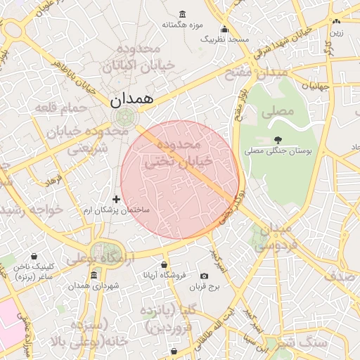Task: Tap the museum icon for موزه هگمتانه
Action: [183, 15]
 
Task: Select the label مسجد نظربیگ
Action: [225, 39]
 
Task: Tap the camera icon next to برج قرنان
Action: [205, 276]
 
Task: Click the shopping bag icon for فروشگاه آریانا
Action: [164, 265]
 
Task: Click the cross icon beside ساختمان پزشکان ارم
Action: [117, 200]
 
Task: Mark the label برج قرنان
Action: [208, 287]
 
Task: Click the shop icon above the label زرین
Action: [337, 22]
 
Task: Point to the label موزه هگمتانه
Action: [183, 25]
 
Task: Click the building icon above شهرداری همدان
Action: [74, 275]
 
